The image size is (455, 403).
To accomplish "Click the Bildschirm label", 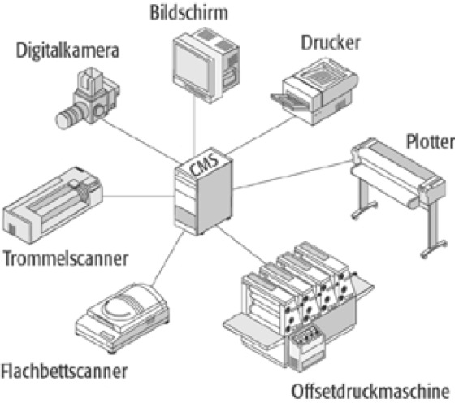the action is coord(188,13).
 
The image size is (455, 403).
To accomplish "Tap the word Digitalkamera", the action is coord(67,50).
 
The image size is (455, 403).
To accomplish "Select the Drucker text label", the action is coord(331,43).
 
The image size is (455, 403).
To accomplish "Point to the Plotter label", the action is coord(430,141).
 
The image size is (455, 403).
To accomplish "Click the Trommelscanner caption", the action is coord(65,259).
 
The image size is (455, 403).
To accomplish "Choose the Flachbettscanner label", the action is coord(64,371).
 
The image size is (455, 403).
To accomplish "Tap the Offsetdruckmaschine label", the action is coord(370,392).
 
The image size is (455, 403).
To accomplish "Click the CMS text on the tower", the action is coord(204,164).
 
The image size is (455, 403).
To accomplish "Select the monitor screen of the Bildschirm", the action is coord(192,67).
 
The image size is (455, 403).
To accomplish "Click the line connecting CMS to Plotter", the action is coord(292,175).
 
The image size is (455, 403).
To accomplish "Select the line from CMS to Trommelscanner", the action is coord(139,197).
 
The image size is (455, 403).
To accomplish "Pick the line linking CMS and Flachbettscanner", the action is coord(168,258).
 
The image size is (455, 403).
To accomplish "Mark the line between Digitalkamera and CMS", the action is coord(141,141).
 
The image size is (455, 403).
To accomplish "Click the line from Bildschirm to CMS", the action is coord(194,125).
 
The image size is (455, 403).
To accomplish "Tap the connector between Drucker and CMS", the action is coord(260,135).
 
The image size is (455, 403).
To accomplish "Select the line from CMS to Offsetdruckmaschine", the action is coord(241,245).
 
